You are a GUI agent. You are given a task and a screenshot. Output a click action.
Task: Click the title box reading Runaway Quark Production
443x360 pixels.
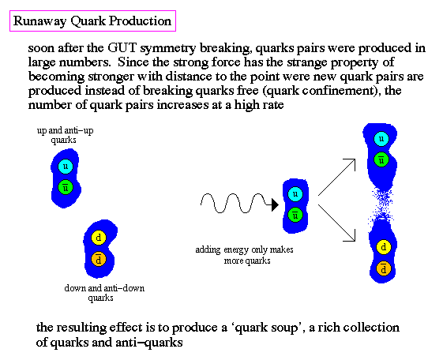pos(92,21)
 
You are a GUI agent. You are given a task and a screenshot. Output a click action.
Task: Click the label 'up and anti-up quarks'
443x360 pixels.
pos(65,135)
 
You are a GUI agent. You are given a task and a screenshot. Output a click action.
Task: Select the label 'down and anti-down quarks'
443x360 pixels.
pos(104,293)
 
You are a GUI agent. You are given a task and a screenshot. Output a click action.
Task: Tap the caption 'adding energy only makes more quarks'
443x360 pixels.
pos(244,255)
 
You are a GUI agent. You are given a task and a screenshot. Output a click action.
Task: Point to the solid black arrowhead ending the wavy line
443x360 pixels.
pos(275,204)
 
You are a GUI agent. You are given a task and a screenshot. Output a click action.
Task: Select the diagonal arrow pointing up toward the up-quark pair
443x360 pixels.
pos(336,177)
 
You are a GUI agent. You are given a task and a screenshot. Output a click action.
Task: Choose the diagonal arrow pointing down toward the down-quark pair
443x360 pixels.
pos(336,223)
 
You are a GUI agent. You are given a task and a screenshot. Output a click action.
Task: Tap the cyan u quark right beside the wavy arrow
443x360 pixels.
pos(295,194)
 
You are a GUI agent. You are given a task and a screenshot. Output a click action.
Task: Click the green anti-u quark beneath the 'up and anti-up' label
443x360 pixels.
pos(66,187)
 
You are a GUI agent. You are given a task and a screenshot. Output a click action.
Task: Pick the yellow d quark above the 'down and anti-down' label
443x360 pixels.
pos(99,238)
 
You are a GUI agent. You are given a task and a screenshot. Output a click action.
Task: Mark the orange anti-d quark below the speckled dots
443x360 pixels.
pos(384,268)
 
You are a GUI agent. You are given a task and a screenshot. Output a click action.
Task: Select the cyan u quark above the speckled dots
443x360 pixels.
pos(381,139)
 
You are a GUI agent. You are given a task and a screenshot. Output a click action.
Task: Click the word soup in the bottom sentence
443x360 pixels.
pos(283,328)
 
